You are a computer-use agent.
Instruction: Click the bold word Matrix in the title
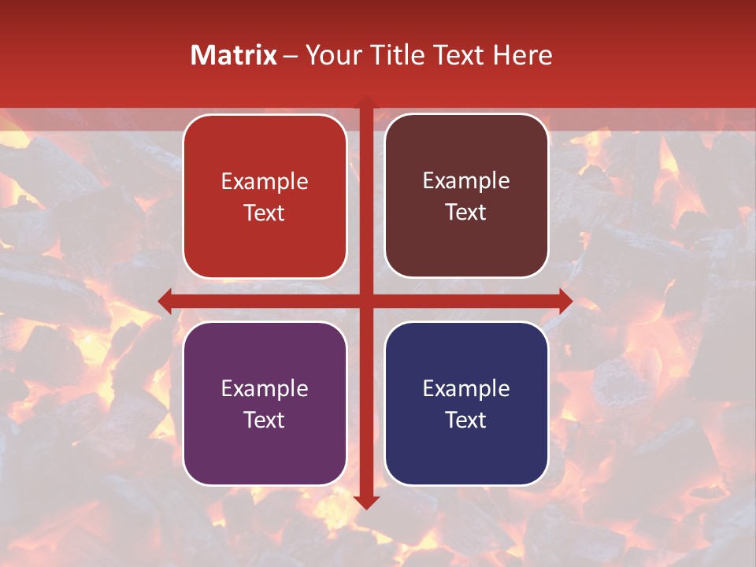coord(234,55)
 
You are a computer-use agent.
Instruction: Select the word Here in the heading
coord(522,55)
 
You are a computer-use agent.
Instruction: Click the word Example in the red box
coord(265,182)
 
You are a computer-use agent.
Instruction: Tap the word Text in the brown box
coord(466,212)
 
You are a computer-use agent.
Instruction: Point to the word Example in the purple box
coord(265,388)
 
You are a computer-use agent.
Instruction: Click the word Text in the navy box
coord(466,420)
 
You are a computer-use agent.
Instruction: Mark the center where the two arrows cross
coord(365,301)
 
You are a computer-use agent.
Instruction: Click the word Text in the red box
coord(265,213)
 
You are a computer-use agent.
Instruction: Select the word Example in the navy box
coord(466,388)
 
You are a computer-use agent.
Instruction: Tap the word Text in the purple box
coord(265,420)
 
